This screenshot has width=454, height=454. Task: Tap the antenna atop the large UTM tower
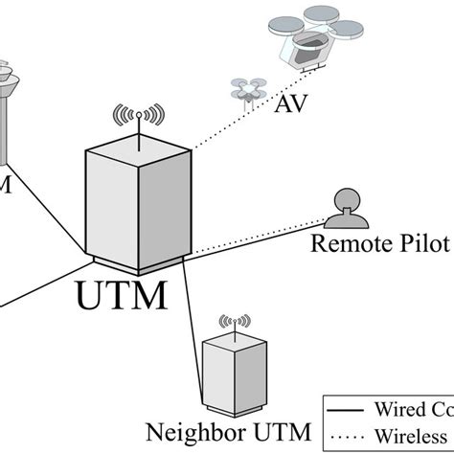136,118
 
